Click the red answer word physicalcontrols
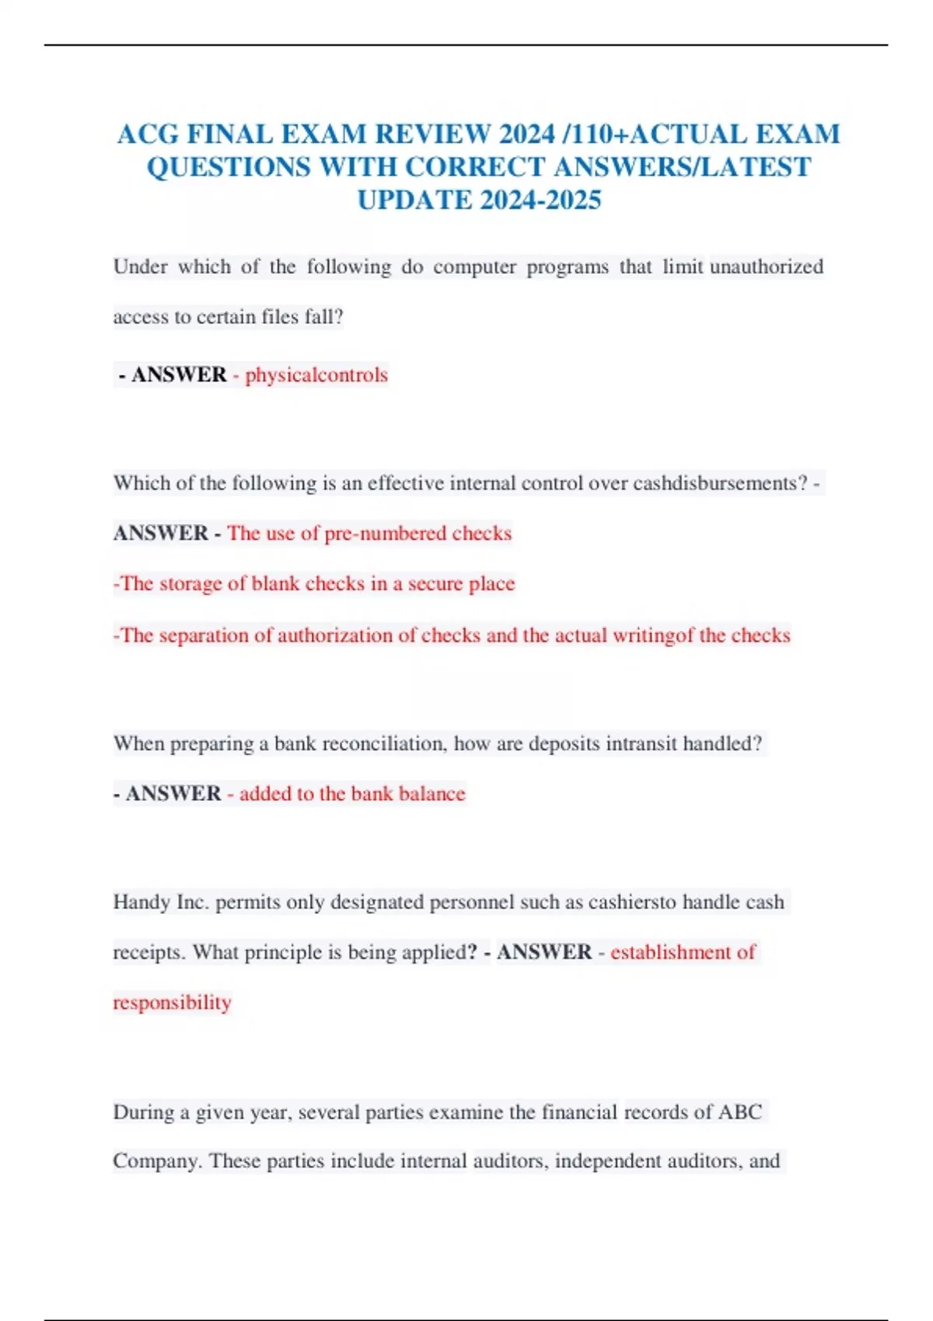316,375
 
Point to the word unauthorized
767,267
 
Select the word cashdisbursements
720,483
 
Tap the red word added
265,793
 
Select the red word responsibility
172,1002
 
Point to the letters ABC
739,1112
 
